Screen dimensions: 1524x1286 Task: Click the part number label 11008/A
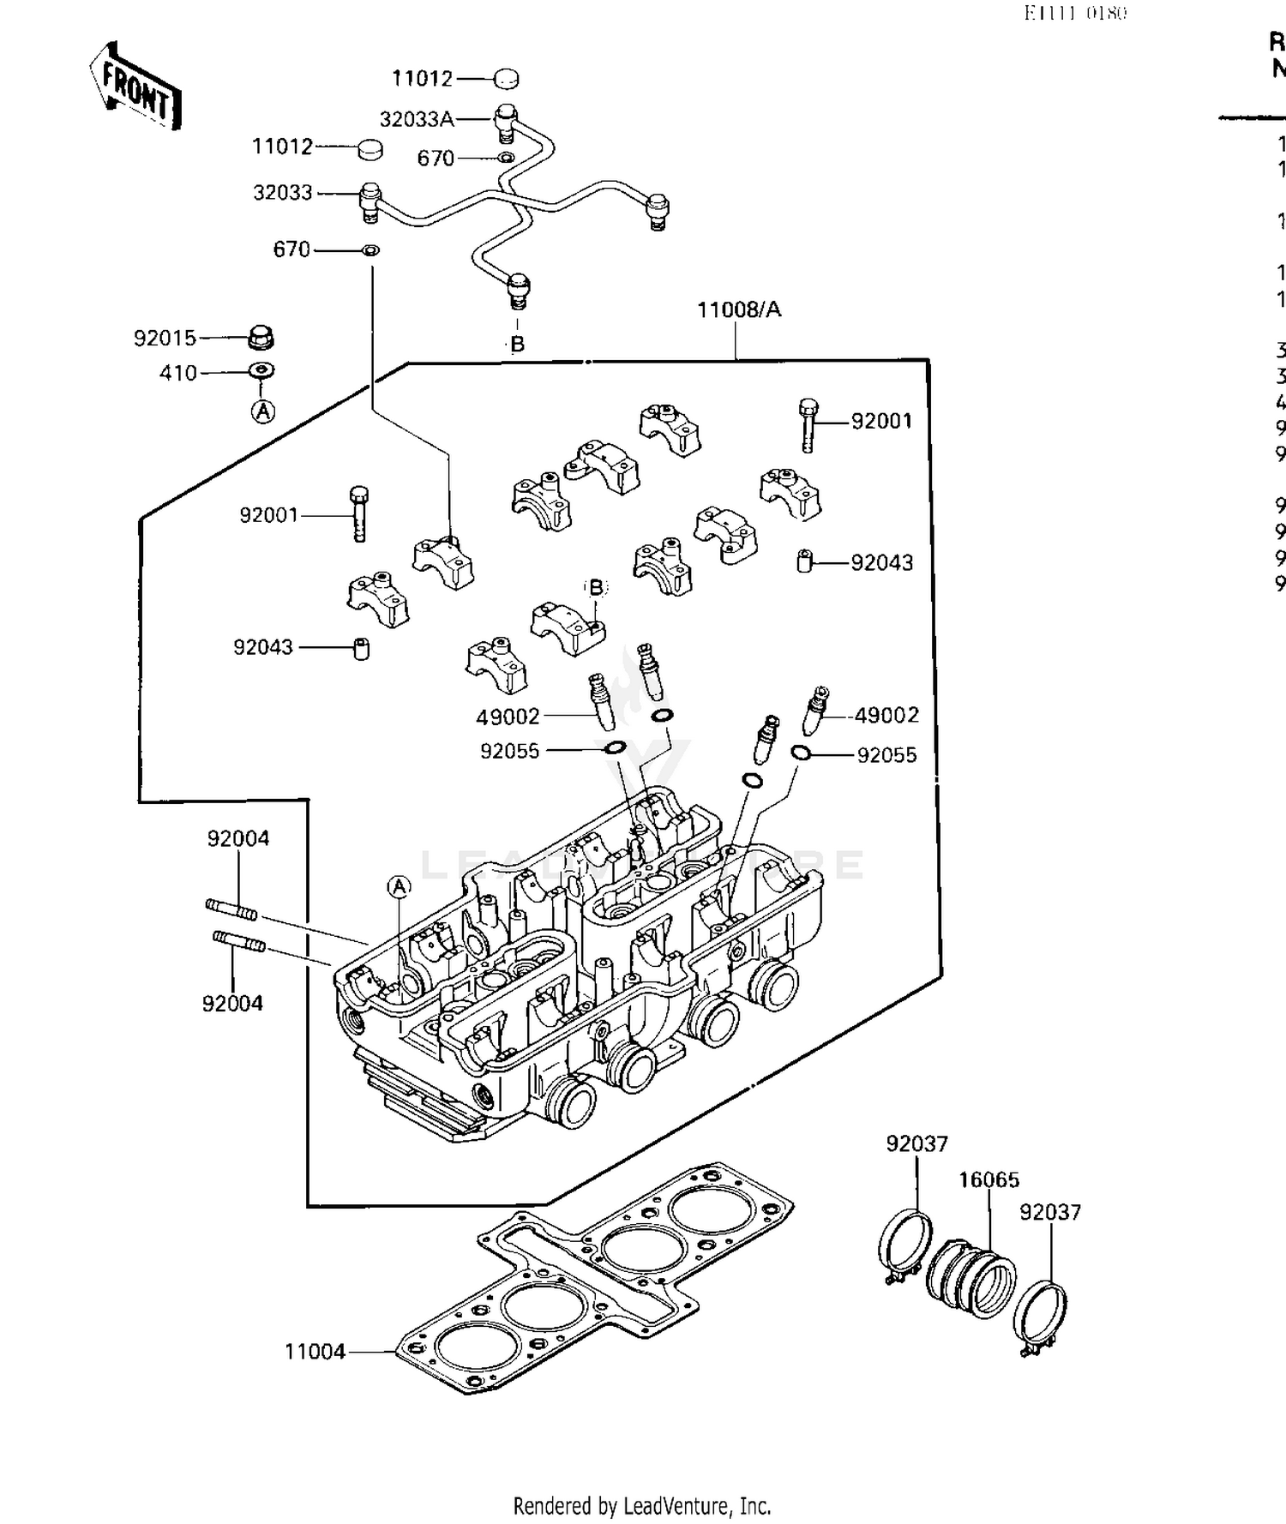point(739,309)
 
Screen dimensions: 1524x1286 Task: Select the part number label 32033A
point(417,119)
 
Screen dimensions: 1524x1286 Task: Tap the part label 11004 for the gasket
point(315,1352)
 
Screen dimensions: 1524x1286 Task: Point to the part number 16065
point(989,1180)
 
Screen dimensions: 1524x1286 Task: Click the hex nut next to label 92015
point(261,338)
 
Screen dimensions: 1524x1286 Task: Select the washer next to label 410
point(261,371)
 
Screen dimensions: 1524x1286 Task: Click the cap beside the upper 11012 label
point(506,79)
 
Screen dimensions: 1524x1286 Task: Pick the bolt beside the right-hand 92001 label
point(808,424)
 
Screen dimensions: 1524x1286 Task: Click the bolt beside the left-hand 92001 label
point(359,513)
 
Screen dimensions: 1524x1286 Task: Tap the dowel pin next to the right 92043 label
point(804,561)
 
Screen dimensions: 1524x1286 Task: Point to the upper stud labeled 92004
point(231,909)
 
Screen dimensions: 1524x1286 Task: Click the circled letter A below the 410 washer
point(263,411)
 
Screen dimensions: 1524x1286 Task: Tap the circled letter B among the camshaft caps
point(595,587)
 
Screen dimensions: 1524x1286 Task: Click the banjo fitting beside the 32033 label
point(370,201)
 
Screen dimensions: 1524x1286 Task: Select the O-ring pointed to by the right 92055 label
point(800,753)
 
